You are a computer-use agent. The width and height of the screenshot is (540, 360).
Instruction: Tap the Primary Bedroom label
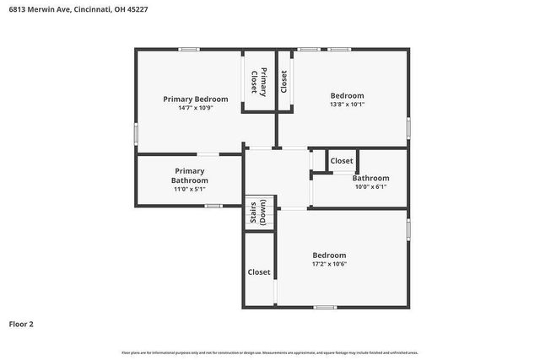coord(195,99)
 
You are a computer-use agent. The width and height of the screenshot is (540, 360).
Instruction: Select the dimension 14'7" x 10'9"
coord(195,108)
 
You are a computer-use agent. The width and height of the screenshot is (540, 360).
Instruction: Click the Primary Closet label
coord(259,81)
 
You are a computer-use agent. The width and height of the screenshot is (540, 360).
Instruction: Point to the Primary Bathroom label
coord(189,175)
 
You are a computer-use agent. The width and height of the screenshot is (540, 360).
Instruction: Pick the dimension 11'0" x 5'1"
coord(189,190)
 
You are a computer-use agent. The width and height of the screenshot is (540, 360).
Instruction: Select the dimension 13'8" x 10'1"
coord(347,105)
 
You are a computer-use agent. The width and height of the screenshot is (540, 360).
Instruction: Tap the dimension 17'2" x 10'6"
coord(329,264)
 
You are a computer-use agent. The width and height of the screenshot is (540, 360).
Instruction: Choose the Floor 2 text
coord(21,324)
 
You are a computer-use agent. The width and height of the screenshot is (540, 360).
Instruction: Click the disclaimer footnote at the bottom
coord(269,352)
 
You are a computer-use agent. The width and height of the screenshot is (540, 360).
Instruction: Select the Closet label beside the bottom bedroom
coord(259,272)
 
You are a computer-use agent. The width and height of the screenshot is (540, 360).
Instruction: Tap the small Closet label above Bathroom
coord(342,161)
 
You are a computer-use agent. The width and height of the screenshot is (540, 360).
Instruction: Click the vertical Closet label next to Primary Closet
coord(284,81)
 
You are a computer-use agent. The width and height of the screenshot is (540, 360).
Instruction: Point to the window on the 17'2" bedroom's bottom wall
coord(324,306)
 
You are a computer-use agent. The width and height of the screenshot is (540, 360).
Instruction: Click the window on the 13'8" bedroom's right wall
coord(408,127)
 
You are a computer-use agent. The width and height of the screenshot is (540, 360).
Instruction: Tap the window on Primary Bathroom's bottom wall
coord(213,206)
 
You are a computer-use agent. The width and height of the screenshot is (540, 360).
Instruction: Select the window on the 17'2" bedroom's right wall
coord(408,228)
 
